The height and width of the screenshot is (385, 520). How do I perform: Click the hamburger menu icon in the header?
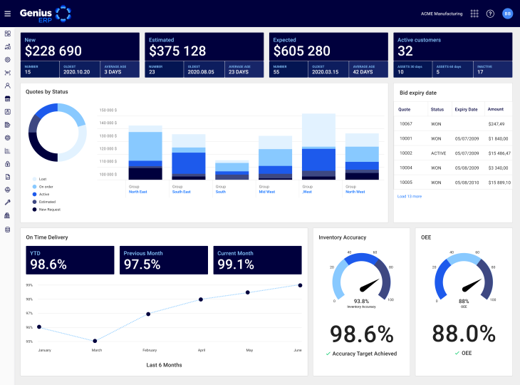pos(8,14)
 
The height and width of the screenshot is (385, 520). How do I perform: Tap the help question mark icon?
pos(490,14)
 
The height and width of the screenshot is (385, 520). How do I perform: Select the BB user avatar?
pos(508,14)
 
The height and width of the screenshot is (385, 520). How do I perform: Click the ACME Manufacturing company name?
pos(442,14)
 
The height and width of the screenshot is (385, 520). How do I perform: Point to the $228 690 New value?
pos(53,51)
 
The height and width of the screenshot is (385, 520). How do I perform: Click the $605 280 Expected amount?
pos(302,51)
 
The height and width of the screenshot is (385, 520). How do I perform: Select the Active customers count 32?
pos(405,51)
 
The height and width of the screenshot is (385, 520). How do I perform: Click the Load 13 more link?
pos(410,196)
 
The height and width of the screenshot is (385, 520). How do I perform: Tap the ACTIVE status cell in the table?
pos(438,153)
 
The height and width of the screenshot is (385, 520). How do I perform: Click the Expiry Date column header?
pos(466,109)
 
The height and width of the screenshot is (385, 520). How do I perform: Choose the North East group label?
pos(138,192)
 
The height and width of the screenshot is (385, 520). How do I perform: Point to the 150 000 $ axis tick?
pos(108,111)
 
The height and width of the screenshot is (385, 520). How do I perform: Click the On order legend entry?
pos(46,186)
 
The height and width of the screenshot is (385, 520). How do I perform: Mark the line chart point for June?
pos(300,285)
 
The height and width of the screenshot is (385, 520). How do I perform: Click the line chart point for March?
pos(95,341)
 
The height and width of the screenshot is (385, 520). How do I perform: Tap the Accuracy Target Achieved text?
pos(363,354)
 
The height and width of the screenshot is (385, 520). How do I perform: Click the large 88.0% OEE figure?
pos(464,333)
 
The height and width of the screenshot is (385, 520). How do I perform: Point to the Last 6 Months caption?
pos(164,365)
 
